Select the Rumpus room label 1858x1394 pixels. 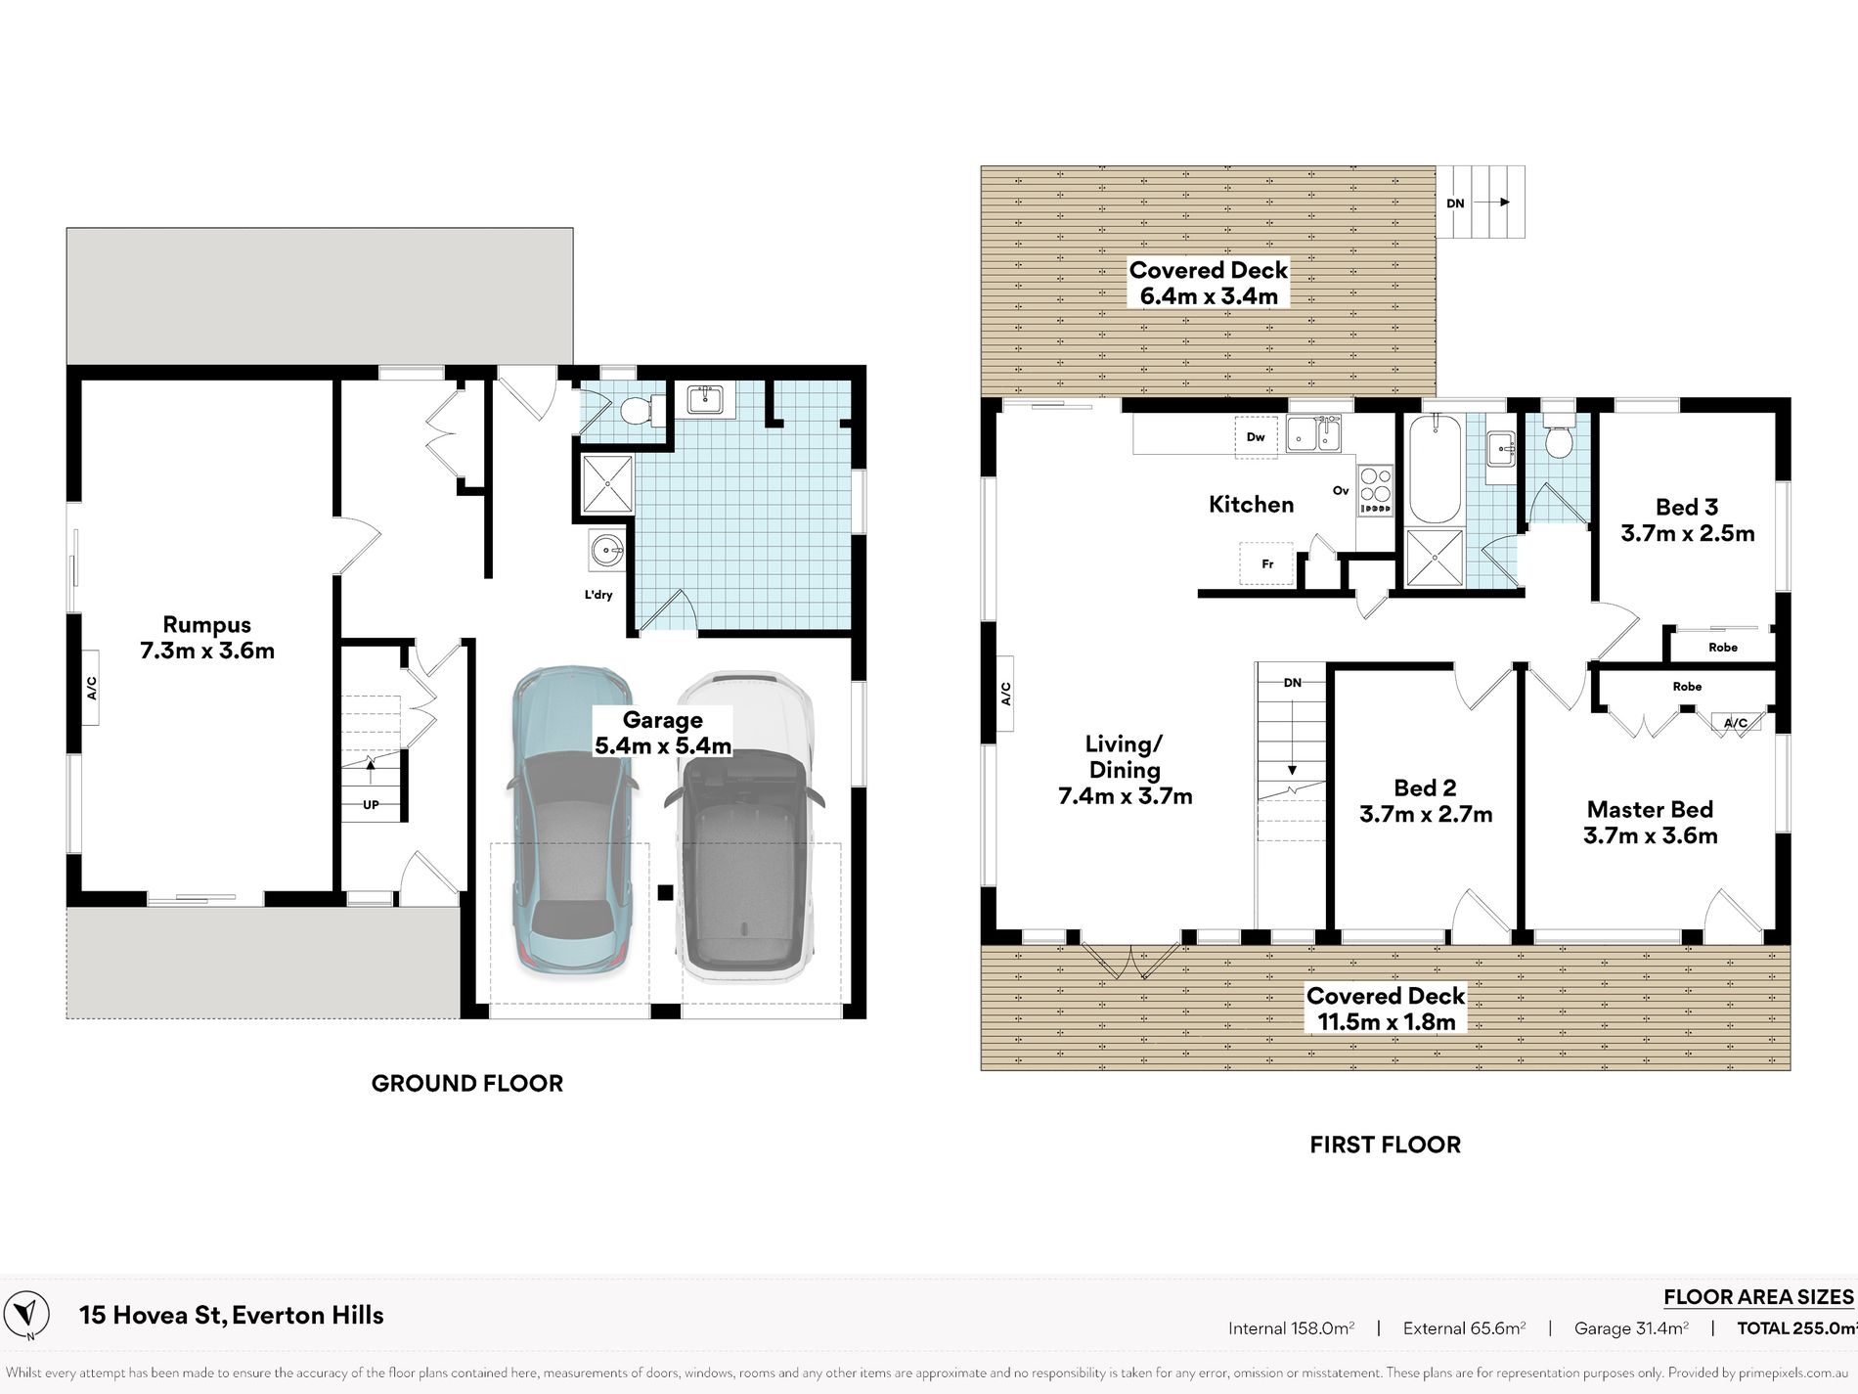(207, 625)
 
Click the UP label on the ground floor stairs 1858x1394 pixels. (371, 805)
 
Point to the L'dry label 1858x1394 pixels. (598, 595)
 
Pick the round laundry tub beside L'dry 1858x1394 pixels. (607, 551)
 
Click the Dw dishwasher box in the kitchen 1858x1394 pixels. (1256, 436)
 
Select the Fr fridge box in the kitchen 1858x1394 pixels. (1266, 563)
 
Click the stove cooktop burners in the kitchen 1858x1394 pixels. (1375, 488)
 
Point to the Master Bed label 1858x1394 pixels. (1650, 810)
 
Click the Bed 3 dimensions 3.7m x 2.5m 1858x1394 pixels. (1687, 533)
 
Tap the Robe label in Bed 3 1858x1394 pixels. (1723, 648)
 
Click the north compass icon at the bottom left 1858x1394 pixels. (30, 1314)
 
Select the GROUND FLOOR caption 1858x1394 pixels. (467, 1083)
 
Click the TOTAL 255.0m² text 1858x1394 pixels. (1797, 1328)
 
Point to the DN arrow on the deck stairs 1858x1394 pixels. (1491, 202)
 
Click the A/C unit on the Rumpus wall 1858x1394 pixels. (90, 688)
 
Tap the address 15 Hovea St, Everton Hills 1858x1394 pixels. (231, 1316)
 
